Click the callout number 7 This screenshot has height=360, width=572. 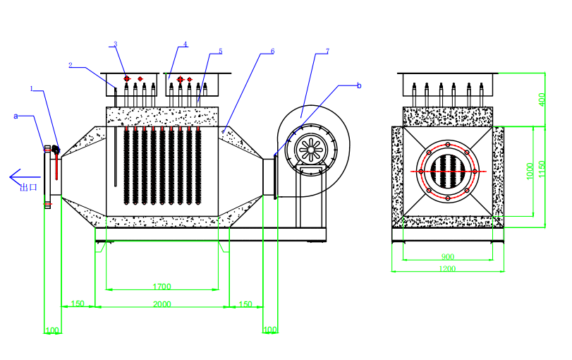pyautogui.click(x=327, y=51)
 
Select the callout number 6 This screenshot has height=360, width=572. pyautogui.click(x=272, y=51)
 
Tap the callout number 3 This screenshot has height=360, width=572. pyautogui.click(x=115, y=44)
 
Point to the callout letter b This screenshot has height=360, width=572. pyautogui.click(x=359, y=85)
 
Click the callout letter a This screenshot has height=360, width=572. pyautogui.click(x=16, y=116)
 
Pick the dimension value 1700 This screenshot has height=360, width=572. pyautogui.click(x=162, y=287)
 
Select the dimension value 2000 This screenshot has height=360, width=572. pyautogui.click(x=162, y=304)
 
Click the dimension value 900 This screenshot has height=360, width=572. pyautogui.click(x=448, y=257)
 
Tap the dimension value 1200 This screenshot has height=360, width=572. pyautogui.click(x=447, y=269)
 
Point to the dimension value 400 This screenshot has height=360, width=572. pyautogui.click(x=542, y=100)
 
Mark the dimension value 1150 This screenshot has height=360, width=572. pyautogui.click(x=542, y=169)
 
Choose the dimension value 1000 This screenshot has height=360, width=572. pyautogui.click(x=530, y=171)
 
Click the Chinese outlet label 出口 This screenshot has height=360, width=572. pyautogui.click(x=28, y=187)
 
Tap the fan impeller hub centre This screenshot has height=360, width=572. pyautogui.click(x=311, y=149)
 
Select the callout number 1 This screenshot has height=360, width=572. pyautogui.click(x=31, y=88)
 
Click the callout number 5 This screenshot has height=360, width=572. pyautogui.click(x=220, y=51)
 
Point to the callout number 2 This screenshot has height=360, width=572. pyautogui.click(x=71, y=65)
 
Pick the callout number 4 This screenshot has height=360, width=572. pyautogui.click(x=185, y=44)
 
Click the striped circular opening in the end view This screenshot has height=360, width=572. pyautogui.click(x=448, y=171)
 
